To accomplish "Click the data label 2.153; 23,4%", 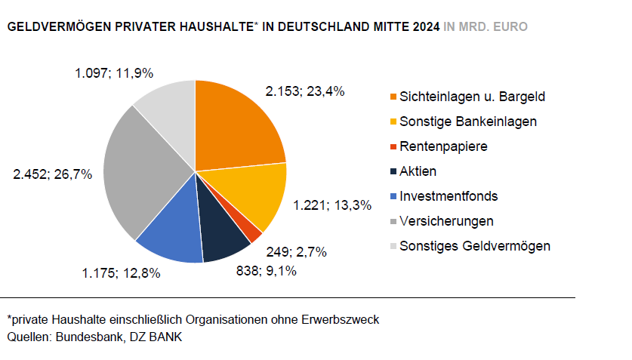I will (305, 91).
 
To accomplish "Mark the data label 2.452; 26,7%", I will (53, 174).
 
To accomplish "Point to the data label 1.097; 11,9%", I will (114, 73).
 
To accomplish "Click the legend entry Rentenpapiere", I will (443, 146).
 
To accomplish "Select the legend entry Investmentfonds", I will (449, 196).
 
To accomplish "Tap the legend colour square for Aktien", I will (393, 172).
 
